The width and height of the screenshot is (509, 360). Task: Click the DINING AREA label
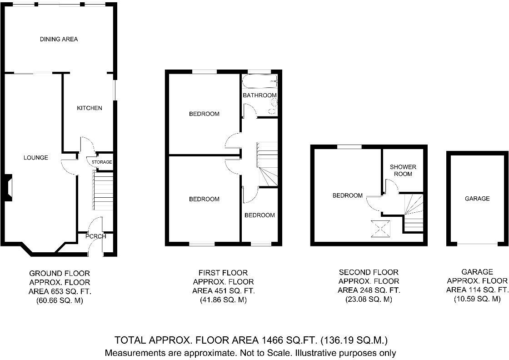coord(59,39)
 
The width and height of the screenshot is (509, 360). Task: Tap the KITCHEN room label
coord(90,108)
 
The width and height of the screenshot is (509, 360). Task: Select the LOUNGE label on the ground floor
coord(36,158)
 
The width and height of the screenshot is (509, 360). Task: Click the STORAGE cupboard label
coord(102,162)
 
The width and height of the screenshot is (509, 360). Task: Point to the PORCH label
coord(95,236)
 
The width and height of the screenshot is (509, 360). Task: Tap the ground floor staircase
coord(103,191)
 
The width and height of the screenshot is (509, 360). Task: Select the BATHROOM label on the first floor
coord(259,95)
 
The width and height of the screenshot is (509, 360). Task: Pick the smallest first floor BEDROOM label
coord(259,215)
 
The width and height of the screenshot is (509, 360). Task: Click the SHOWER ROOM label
coord(403,170)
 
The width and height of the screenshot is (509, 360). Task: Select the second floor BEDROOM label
coord(348,195)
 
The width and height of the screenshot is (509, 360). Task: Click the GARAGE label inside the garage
coord(477,198)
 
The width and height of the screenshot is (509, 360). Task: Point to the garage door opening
coord(477,244)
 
